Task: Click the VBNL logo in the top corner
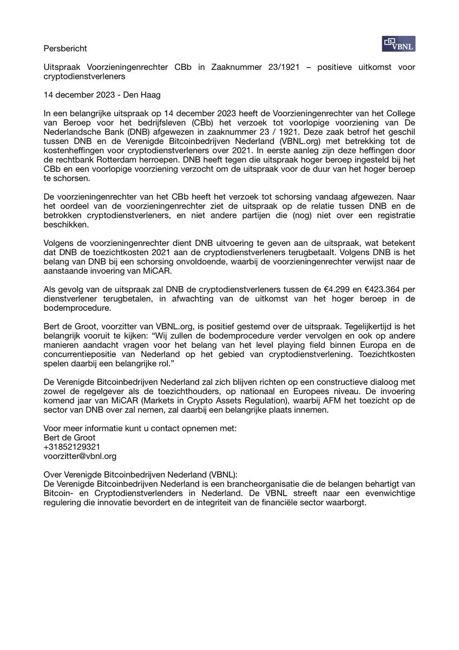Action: (398, 44)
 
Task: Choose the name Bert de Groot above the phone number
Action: (69, 438)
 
